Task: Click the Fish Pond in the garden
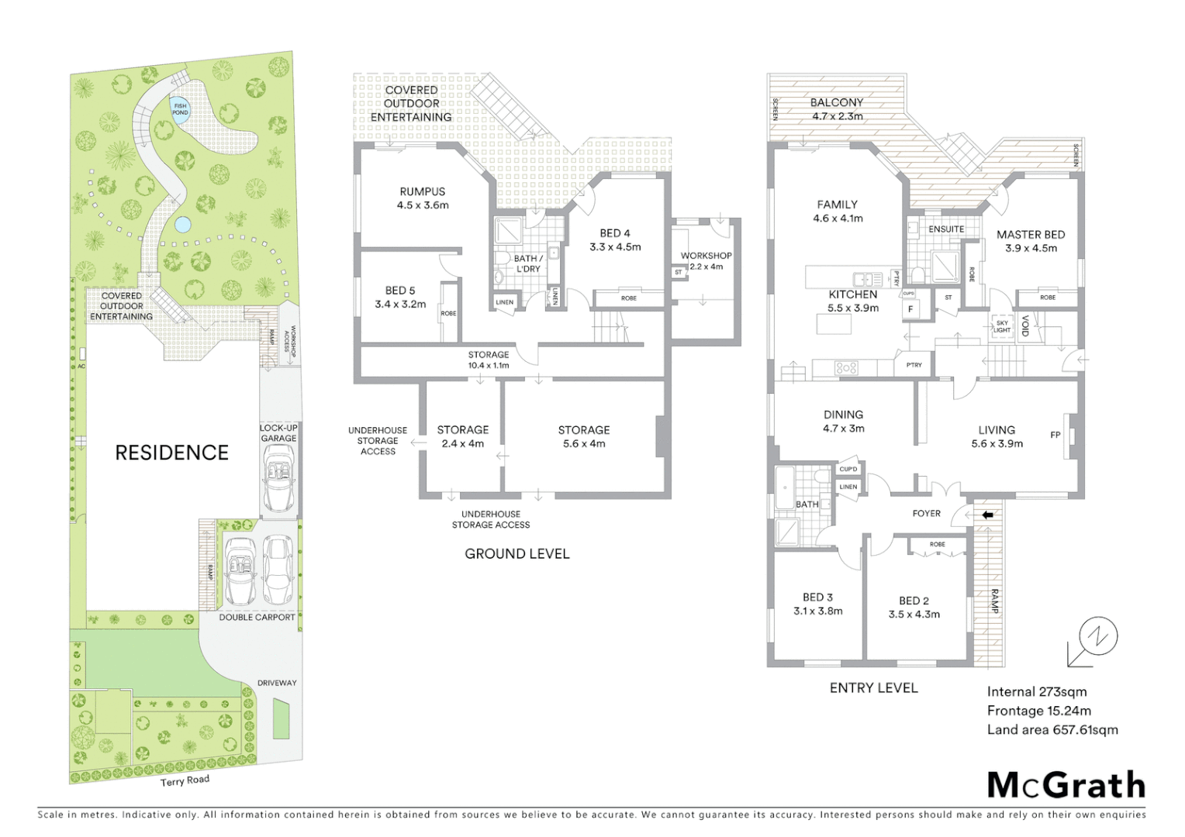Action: click(180, 109)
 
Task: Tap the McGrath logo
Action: click(1066, 785)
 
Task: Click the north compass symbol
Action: click(1097, 638)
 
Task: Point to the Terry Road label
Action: click(185, 780)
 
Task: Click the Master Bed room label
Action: click(1030, 235)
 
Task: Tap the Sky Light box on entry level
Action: click(1002, 326)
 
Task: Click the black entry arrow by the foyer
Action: click(987, 515)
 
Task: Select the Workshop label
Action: click(706, 256)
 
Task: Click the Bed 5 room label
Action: click(400, 291)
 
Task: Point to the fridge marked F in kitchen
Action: click(911, 309)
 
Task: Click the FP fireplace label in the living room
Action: click(1055, 435)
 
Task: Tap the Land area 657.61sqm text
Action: click(1052, 729)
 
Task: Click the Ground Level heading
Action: click(516, 553)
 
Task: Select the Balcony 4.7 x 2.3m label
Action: click(837, 109)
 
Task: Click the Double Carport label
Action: click(257, 617)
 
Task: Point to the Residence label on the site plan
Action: click(171, 453)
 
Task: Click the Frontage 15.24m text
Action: click(1038, 711)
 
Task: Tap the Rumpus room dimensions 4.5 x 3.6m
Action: click(423, 205)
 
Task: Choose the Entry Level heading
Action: click(873, 687)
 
